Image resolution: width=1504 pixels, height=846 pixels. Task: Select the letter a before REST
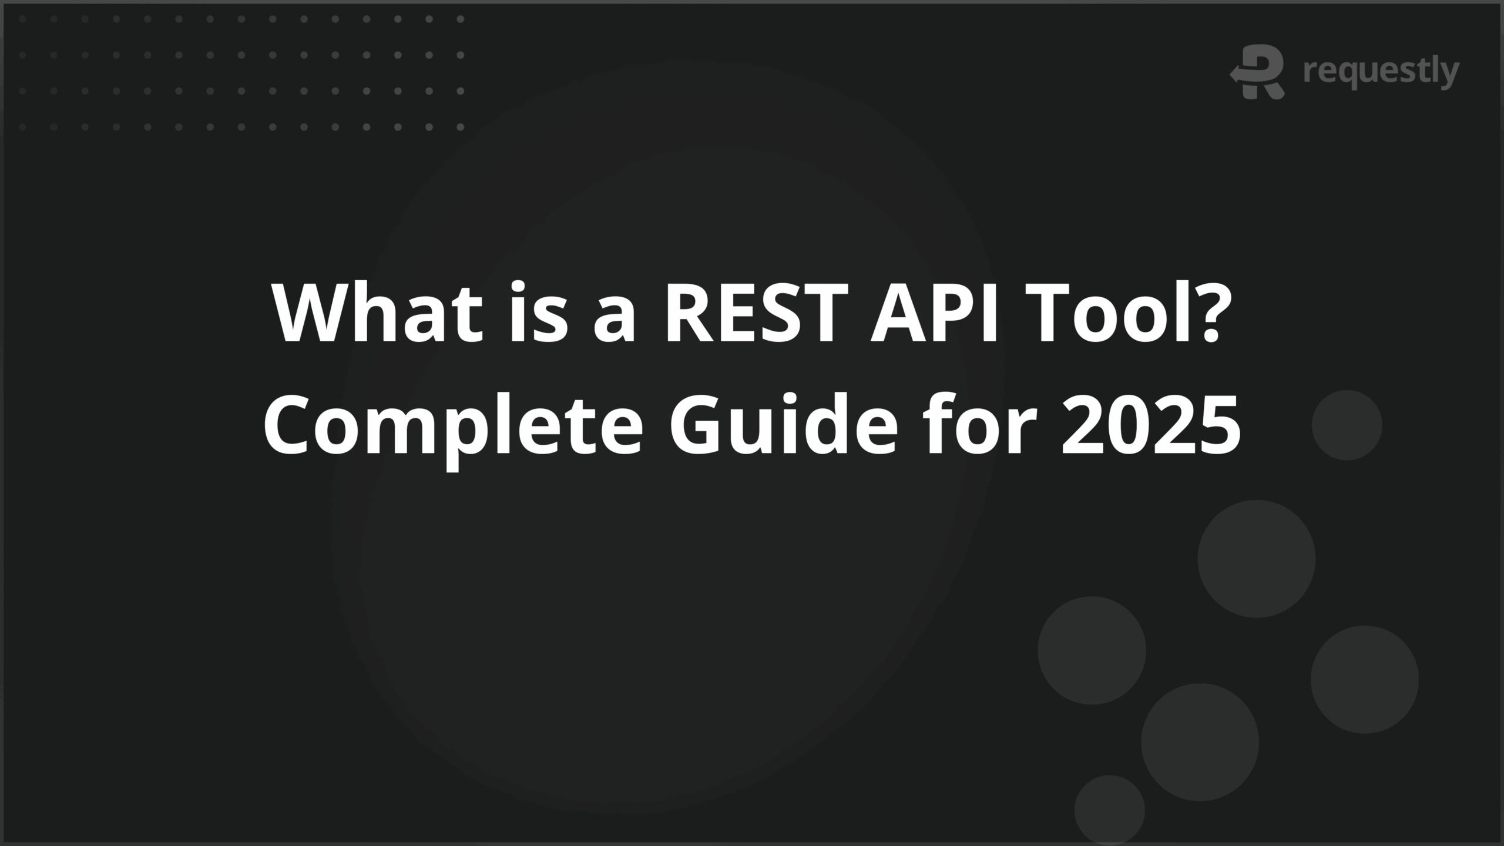(x=615, y=320)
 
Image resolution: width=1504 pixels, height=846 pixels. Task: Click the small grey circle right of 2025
(x=1347, y=425)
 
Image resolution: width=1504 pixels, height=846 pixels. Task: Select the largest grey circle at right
(x=1256, y=559)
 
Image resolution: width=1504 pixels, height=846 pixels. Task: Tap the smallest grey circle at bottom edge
(x=1109, y=810)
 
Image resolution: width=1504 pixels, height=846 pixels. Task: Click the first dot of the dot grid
(x=22, y=19)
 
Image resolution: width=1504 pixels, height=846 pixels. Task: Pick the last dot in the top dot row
(x=461, y=19)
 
